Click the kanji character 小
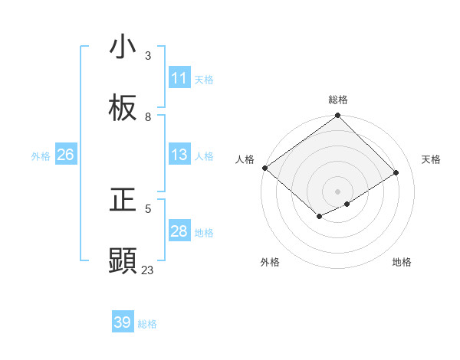(123, 47)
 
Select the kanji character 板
(123, 109)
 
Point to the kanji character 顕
(123, 260)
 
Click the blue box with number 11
(179, 78)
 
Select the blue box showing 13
(179, 155)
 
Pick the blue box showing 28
(179, 231)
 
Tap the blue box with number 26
(65, 155)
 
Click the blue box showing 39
(123, 322)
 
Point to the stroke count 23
(148, 270)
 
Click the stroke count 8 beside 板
(148, 116)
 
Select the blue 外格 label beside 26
(41, 155)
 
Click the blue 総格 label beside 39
(147, 323)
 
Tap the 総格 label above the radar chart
(338, 100)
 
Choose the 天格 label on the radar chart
(431, 159)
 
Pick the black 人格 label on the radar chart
(245, 159)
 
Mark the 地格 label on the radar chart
(402, 262)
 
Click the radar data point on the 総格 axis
(338, 116)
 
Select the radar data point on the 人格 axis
(264, 168)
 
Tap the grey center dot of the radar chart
(338, 191)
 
